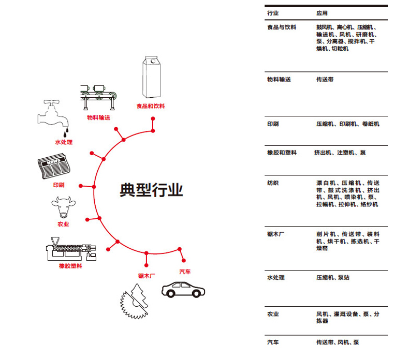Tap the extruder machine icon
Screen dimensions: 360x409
point(70,249)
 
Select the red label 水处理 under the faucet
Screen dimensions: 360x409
point(64,142)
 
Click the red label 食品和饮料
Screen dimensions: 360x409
point(151,106)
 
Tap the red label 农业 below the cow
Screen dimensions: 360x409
point(63,224)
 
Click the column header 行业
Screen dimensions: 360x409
point(272,13)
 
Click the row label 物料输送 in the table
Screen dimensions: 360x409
point(279,80)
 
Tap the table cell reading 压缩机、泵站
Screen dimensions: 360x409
point(333,278)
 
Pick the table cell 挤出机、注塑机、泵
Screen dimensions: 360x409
point(340,153)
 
